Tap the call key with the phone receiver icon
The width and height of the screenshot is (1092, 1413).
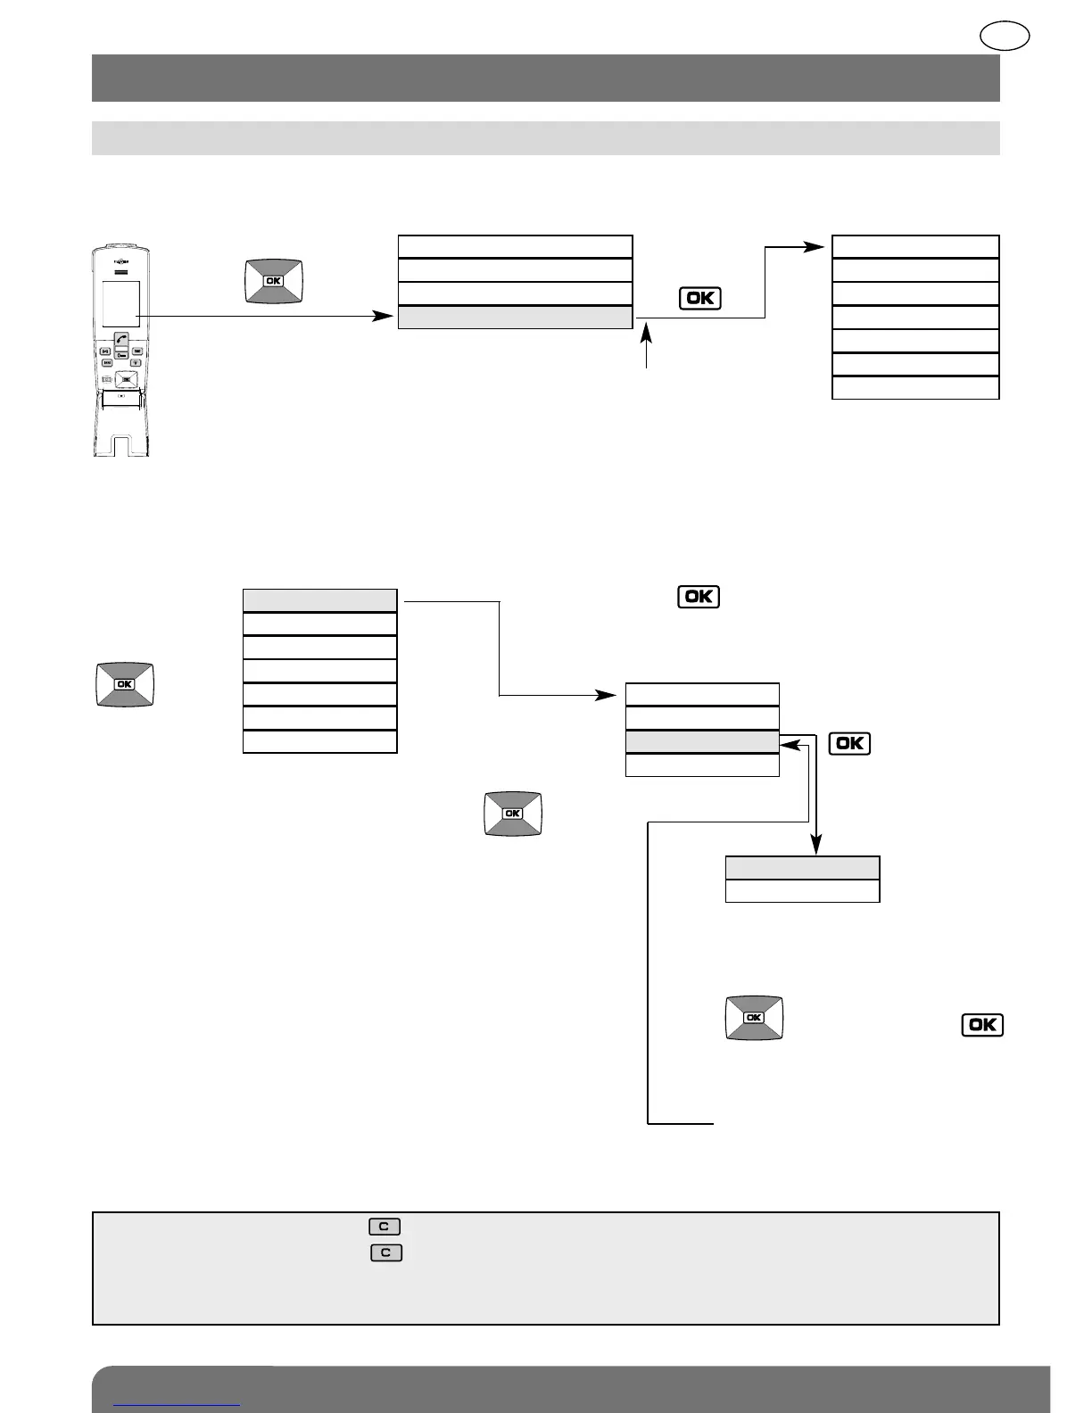121,340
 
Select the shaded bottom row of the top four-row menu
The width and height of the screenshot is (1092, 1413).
515,318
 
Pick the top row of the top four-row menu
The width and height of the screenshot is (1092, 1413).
515,247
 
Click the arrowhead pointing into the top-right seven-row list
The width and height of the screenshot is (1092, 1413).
816,247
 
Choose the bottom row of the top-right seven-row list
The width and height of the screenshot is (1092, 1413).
914,388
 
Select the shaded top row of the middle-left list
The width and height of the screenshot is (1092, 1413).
319,600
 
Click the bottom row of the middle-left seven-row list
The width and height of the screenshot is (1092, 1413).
319,741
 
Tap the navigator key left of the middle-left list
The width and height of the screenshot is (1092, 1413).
124,684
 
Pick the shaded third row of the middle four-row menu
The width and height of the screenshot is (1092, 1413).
702,741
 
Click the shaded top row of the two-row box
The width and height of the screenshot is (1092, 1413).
802,868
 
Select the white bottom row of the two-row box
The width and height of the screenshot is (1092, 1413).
802,891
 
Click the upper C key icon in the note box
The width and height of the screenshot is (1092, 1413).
384,1227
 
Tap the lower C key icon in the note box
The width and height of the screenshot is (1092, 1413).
386,1252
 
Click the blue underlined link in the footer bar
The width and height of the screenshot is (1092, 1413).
178,1404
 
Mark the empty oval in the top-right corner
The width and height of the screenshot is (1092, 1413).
1005,37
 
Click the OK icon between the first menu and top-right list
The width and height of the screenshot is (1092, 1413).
699,298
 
